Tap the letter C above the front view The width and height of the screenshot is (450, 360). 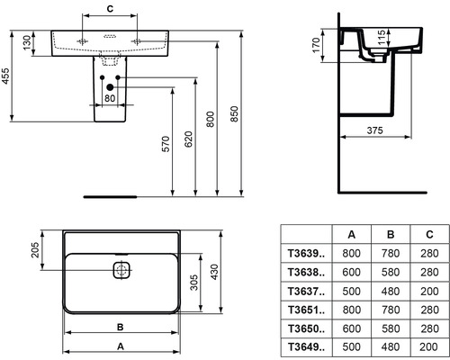point(109,8)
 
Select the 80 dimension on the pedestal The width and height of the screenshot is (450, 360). point(109,98)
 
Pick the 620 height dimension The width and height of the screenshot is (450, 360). point(189,140)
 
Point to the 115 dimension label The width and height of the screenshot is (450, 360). point(382,39)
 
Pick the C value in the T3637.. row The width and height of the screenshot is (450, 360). point(426,291)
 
